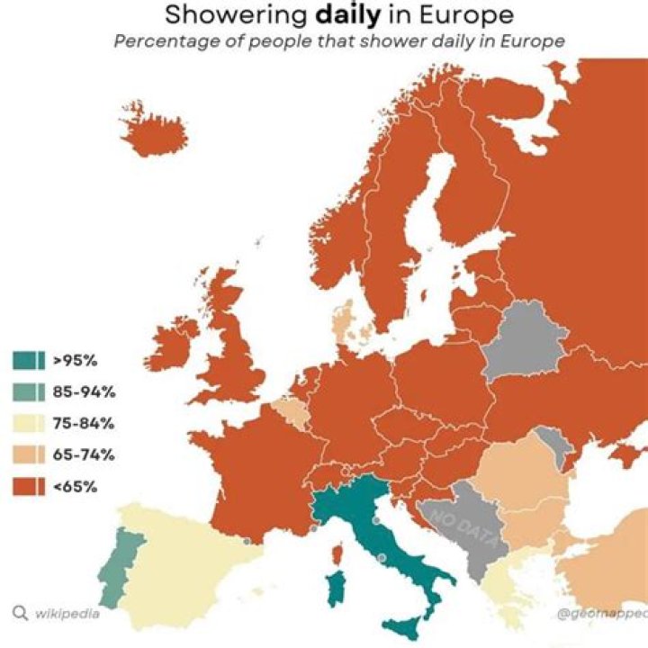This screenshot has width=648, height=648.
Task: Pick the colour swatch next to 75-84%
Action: [29, 424]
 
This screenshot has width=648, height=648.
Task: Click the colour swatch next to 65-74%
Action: [29, 455]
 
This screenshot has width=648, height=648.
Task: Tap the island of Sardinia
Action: [339, 589]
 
